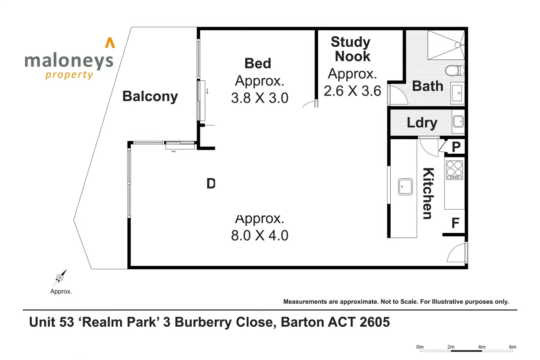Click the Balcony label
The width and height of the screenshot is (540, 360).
[150, 97]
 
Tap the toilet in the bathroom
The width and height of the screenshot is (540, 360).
[455, 71]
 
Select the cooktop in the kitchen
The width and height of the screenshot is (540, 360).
[455, 170]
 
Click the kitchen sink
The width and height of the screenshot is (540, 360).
[405, 186]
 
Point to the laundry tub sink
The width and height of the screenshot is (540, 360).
[458, 121]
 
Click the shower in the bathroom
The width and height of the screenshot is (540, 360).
[446, 45]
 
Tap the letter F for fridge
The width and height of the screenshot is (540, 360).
[455, 223]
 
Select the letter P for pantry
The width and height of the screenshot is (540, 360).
[456, 146]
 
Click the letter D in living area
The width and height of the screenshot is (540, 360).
[211, 183]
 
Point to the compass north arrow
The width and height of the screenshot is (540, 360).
[60, 277]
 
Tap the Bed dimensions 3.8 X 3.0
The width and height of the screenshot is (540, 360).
[260, 98]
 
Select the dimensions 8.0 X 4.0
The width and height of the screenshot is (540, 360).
[260, 235]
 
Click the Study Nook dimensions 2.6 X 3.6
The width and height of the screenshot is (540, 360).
[352, 91]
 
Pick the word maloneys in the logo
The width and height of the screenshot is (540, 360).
[69, 61]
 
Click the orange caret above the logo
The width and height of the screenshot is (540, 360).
[110, 43]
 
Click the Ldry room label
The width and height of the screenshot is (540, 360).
[422, 123]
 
